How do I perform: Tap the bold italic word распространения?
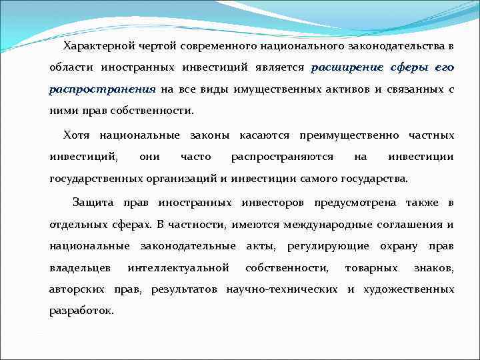pyautogui.click(x=102, y=89)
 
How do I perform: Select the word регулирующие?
pyautogui.click(x=327, y=246)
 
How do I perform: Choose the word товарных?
pyautogui.click(x=370, y=267)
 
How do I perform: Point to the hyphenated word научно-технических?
pyautogui.click(x=289, y=289)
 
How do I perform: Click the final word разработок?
pyautogui.click(x=81, y=311)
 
